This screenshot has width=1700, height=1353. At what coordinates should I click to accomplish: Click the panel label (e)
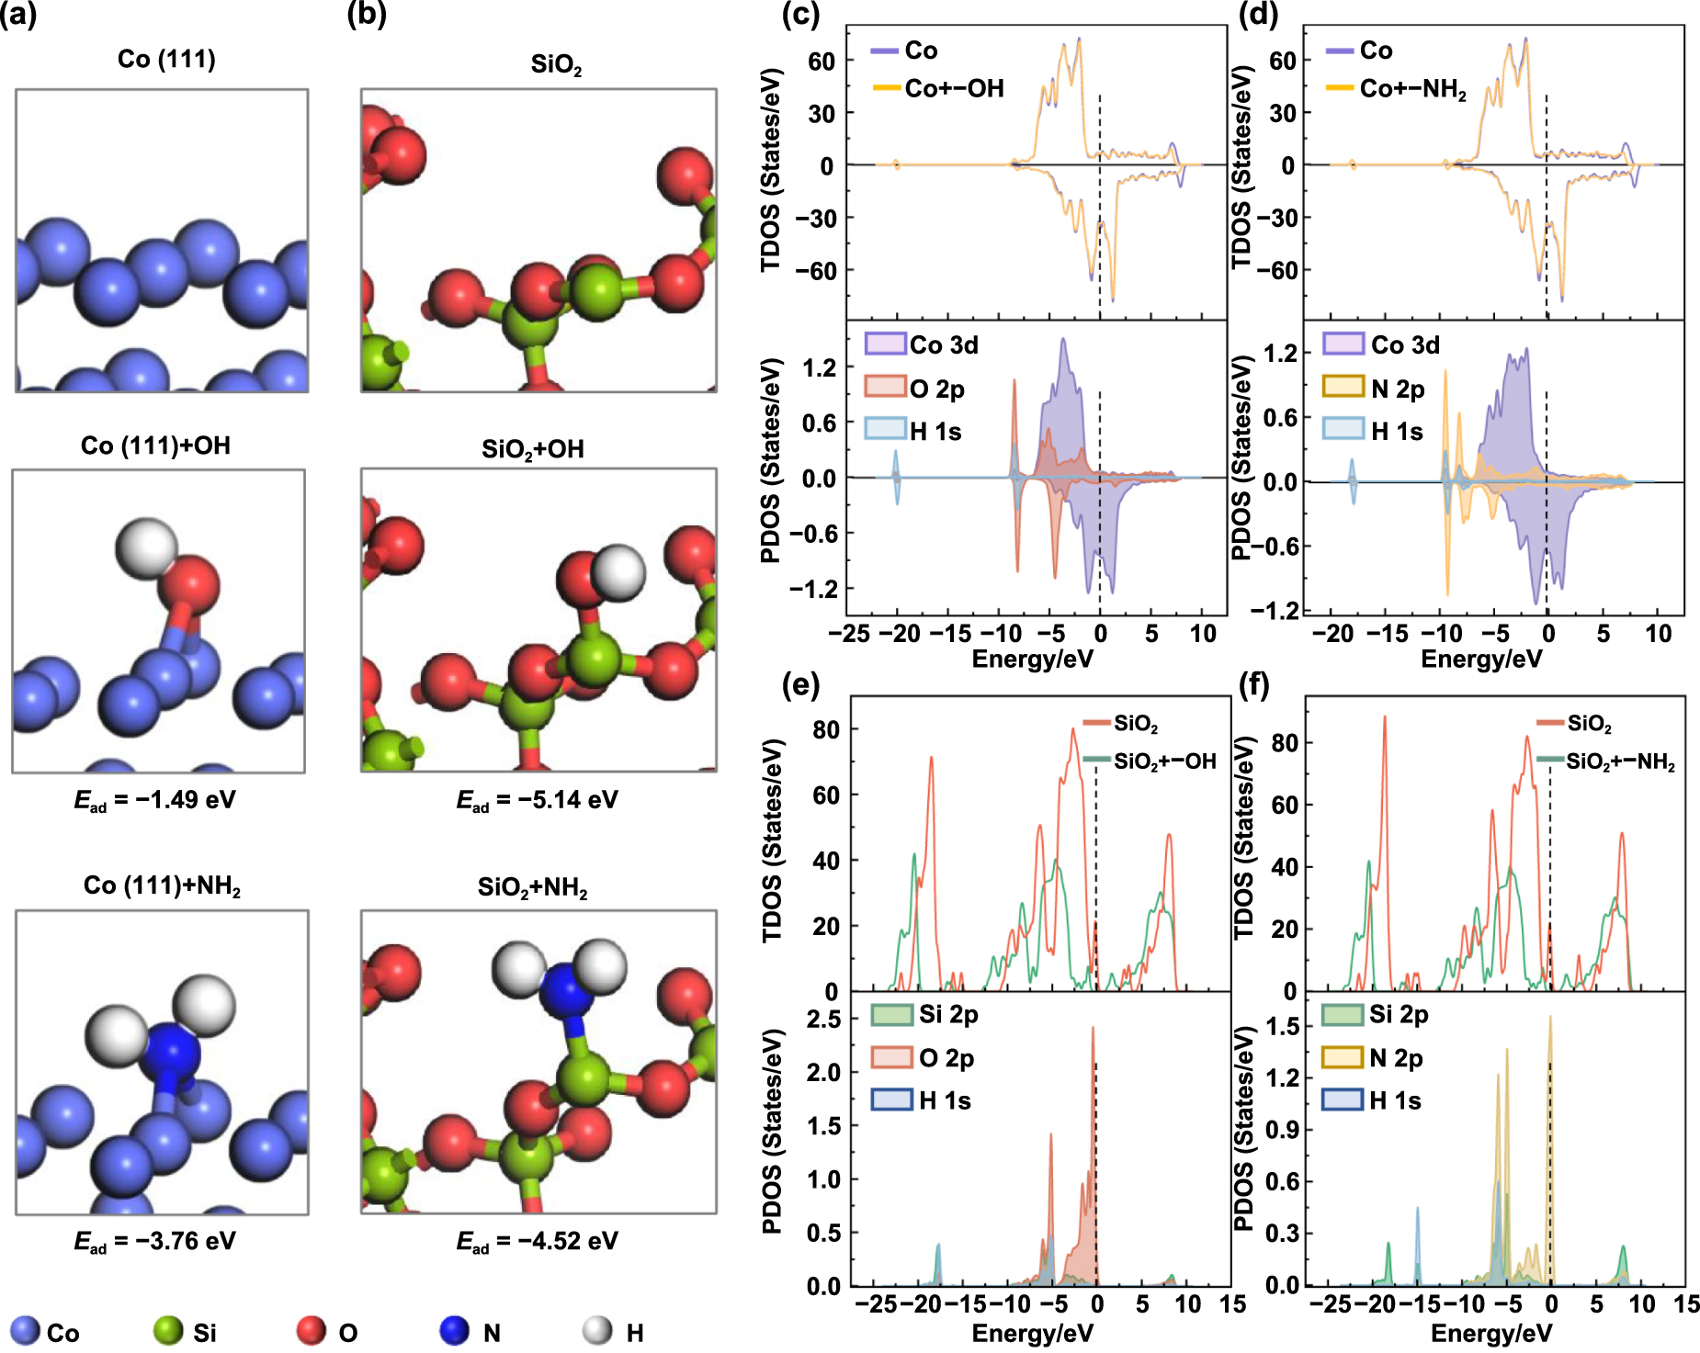point(799,684)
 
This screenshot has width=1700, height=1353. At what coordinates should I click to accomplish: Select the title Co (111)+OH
point(155,445)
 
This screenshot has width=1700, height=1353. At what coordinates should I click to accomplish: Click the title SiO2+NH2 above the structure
point(532,887)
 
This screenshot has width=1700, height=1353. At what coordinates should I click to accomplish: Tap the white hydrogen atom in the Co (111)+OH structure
point(146,547)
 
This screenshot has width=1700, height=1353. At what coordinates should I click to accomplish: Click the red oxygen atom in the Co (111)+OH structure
point(189,584)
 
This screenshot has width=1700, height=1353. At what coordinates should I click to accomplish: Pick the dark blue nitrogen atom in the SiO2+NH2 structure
point(563,990)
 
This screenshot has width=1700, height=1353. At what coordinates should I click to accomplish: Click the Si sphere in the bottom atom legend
point(168,1331)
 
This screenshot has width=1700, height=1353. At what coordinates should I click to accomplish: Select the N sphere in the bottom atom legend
point(454,1331)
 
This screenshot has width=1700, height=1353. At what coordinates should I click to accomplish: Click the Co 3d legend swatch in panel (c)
point(885,344)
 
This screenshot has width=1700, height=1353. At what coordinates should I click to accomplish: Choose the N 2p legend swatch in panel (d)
point(1343,387)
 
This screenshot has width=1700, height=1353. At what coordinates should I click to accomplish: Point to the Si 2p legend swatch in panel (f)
point(1342,1015)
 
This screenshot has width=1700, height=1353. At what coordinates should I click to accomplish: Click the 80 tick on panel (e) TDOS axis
point(825,729)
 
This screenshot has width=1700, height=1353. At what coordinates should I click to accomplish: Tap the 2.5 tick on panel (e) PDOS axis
point(823,1019)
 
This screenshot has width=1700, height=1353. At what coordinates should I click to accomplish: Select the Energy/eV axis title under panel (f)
point(1490,1333)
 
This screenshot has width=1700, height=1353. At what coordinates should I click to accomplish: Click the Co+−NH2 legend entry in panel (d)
point(1412,89)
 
